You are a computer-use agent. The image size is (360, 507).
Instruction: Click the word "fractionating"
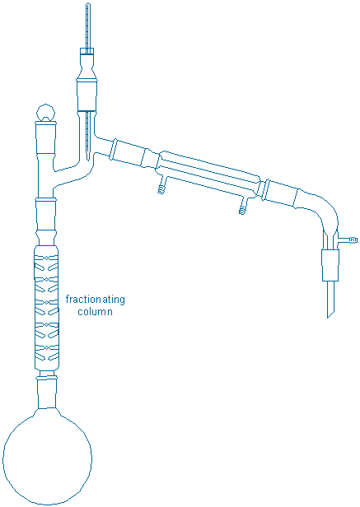point(96,300)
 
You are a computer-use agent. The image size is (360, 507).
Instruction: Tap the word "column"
point(96,312)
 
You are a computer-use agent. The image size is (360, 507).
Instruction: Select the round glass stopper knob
point(45,112)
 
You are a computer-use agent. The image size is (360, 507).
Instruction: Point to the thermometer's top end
point(87,5)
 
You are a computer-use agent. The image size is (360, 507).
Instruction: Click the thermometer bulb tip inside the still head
point(88,158)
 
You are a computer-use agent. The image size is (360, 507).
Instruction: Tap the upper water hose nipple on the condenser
point(161,188)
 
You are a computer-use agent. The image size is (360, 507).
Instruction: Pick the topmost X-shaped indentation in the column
point(47,258)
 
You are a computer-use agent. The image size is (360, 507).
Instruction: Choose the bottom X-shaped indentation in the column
point(47,347)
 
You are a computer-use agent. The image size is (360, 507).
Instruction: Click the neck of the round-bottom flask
point(47,393)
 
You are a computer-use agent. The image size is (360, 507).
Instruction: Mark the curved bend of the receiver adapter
point(324,213)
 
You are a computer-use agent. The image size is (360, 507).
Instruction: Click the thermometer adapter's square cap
point(87,51)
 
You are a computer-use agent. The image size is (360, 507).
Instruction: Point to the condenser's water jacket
point(208,174)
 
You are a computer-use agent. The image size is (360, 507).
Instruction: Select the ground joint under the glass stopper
point(45,137)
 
